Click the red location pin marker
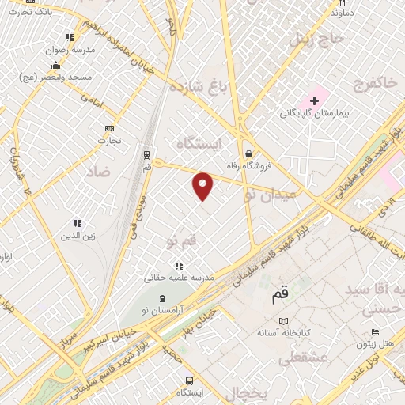pos(203,185)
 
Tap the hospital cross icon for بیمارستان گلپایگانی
pos(315,100)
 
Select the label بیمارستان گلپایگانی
pos(314,114)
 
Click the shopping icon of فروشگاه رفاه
pos(249,153)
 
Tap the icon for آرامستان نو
pos(163,297)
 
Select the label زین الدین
pos(78,237)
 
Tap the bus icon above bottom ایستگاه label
pos(189,380)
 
